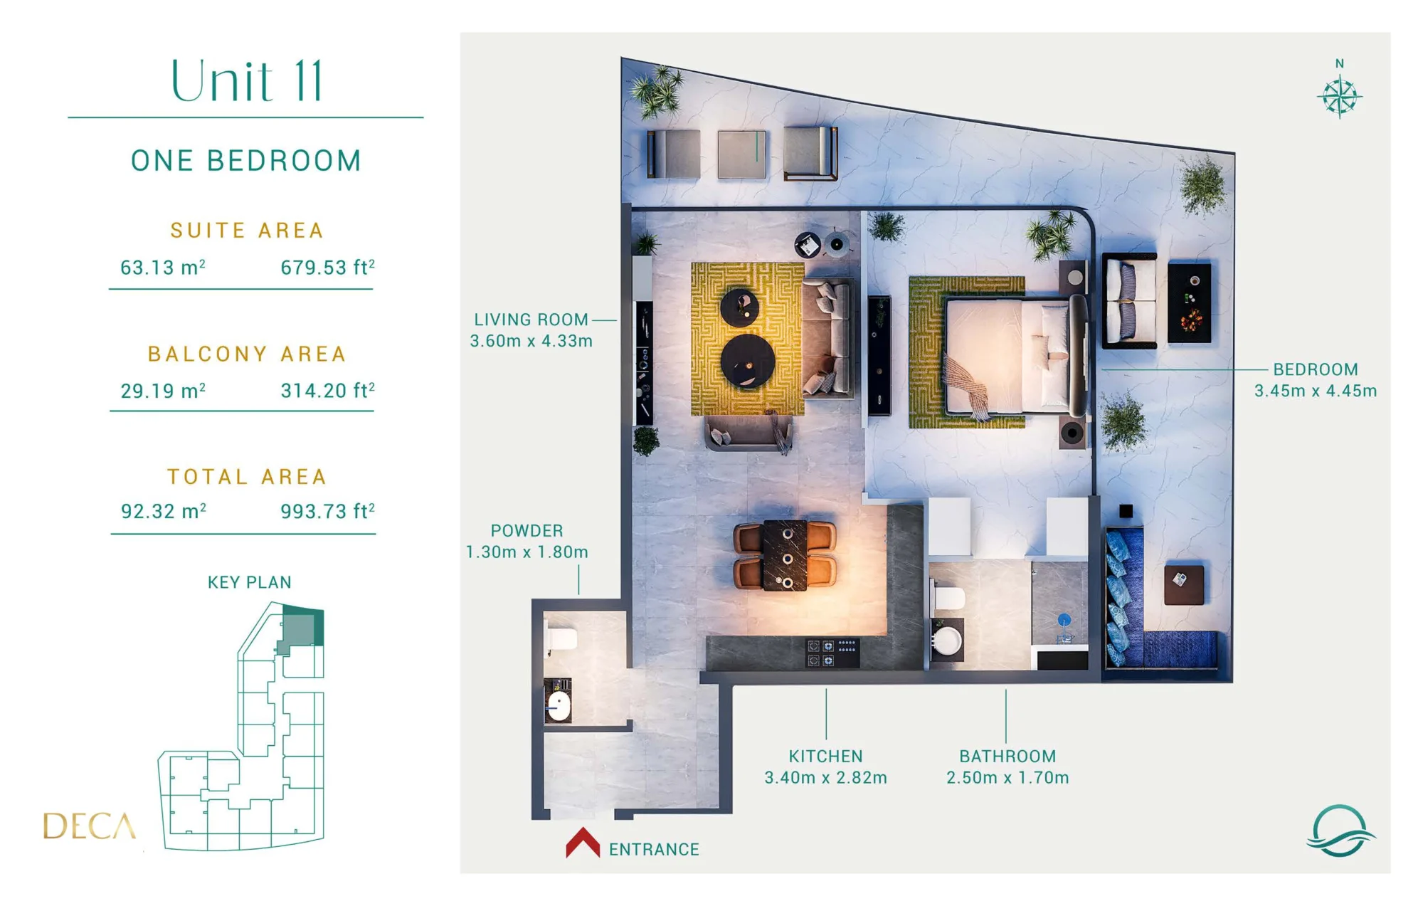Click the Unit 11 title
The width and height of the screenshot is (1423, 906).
coord(247,80)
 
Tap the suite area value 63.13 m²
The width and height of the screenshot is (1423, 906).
coord(163,267)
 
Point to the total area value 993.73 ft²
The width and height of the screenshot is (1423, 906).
coord(327,510)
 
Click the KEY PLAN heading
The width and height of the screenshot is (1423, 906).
coord(250,582)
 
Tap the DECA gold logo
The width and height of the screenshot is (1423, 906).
coord(90,826)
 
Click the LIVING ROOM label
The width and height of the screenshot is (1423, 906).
coord(531,320)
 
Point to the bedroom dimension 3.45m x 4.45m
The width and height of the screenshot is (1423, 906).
coord(1315,391)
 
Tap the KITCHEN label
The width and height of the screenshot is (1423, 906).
coord(825,756)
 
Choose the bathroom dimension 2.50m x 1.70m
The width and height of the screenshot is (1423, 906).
coord(1007,777)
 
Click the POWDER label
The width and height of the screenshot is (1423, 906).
coord(527,530)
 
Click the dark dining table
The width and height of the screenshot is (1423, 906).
coord(785,555)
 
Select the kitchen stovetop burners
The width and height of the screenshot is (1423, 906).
coord(832,653)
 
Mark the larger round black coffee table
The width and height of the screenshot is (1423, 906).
coord(747,361)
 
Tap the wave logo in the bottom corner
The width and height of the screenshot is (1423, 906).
coord(1340,831)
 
